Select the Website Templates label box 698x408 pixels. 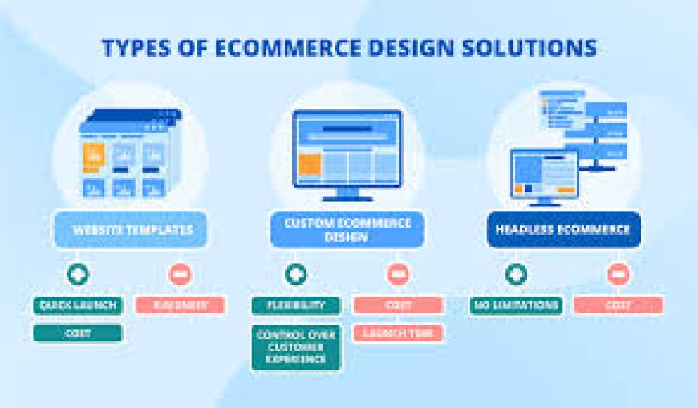coord(132,230)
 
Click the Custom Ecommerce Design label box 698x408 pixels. coord(347,230)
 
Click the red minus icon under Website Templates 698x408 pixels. coord(180,274)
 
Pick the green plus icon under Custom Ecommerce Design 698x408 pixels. coord(294,274)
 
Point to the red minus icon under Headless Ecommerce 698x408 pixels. coord(617,274)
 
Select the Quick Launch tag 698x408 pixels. coord(78,305)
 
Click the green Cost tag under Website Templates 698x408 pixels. coord(78,333)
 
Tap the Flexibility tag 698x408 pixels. coord(296,305)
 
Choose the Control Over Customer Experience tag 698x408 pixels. coord(296,347)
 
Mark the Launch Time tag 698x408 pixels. coord(398,333)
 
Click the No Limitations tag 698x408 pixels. coord(515,305)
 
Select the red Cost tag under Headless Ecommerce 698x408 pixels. coord(618,305)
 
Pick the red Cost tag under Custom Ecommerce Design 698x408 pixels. coord(398,305)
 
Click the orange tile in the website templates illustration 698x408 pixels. coord(94,156)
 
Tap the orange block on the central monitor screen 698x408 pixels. coord(310,164)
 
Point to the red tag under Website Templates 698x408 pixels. coord(180,305)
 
